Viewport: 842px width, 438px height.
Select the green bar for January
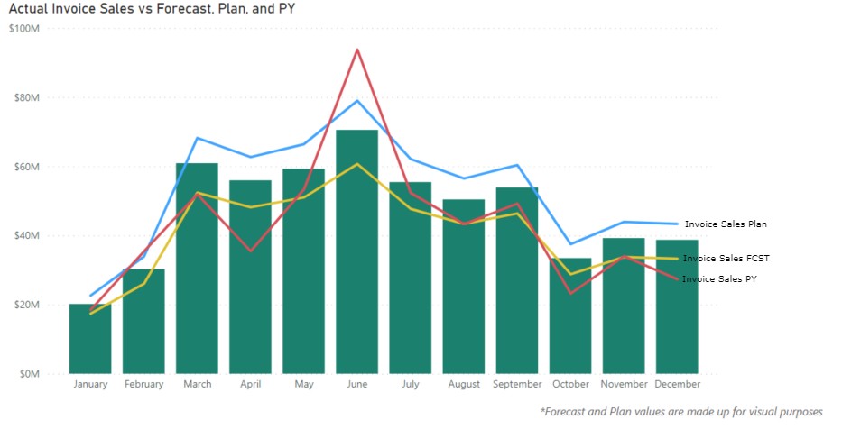[90, 339]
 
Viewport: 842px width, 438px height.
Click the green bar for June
[357, 252]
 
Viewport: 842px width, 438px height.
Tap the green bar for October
[570, 315]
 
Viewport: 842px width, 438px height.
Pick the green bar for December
[677, 306]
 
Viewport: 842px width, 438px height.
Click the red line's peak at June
[357, 50]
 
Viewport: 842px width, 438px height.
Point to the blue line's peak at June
[357, 100]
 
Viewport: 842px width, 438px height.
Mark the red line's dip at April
[251, 251]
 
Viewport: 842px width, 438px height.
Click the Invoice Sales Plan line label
[726, 224]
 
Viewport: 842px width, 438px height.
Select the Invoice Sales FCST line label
[726, 259]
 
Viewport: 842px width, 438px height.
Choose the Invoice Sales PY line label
[719, 278]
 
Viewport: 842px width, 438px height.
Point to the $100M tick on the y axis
[24, 29]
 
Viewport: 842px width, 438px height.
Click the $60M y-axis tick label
[27, 167]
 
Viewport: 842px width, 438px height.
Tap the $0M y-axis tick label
[30, 374]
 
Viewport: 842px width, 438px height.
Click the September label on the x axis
[517, 384]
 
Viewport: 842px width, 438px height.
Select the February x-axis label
[143, 384]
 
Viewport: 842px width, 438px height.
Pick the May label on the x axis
[304, 385]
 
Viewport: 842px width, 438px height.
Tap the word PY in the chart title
[287, 9]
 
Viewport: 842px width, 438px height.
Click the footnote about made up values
[681, 412]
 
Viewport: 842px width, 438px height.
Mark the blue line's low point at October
[570, 244]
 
